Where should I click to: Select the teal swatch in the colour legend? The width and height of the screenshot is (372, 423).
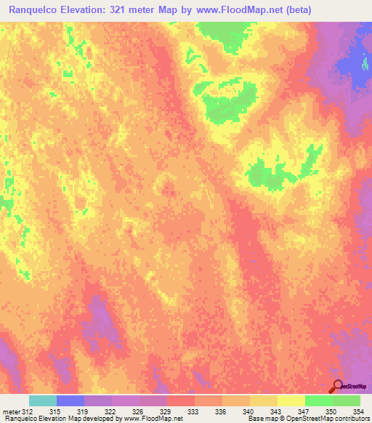click(43, 400)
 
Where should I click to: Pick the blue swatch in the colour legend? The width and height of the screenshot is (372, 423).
click(70, 400)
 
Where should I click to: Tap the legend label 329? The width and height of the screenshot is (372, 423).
click(166, 411)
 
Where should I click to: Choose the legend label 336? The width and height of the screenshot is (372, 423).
click(221, 411)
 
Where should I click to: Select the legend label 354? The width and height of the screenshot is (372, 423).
click(358, 411)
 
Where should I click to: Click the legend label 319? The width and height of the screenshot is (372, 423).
click(84, 411)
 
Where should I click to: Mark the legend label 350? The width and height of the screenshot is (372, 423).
click(331, 411)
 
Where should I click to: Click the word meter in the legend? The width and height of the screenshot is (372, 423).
click(11, 411)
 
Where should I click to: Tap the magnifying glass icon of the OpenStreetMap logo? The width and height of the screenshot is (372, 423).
click(337, 386)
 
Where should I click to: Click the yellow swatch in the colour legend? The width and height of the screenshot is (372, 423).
click(291, 400)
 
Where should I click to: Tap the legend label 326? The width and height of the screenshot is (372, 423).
click(138, 411)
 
